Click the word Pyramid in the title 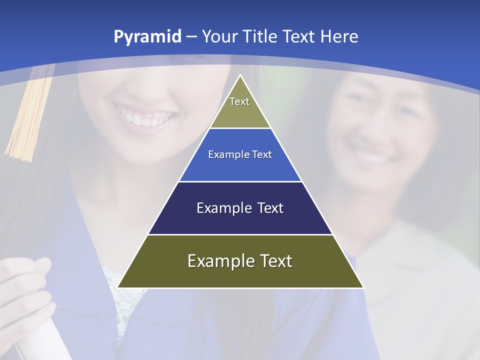click(147, 37)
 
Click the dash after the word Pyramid click(191, 37)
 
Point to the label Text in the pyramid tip click(239, 101)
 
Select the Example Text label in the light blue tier click(240, 154)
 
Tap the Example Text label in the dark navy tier click(240, 208)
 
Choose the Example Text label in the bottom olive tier click(240, 261)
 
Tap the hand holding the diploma click(25, 290)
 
